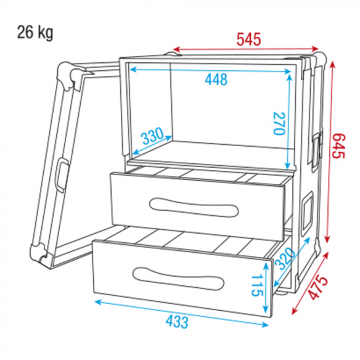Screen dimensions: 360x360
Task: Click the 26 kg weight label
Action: coord(35,32)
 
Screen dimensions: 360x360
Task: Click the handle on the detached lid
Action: coord(63,174)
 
